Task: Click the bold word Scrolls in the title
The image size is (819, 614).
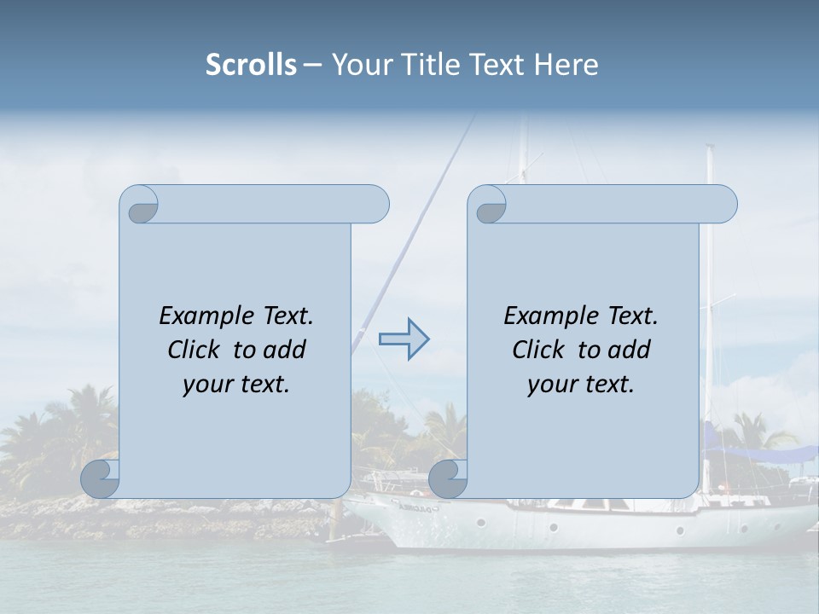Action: tap(252, 65)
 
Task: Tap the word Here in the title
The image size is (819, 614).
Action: tap(566, 65)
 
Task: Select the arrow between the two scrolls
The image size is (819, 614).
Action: tap(404, 340)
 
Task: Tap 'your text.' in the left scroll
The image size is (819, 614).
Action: tap(236, 385)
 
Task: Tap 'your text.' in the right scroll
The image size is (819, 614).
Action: tap(581, 385)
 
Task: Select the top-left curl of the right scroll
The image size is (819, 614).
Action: tap(489, 207)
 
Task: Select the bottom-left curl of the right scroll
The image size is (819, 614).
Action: tap(448, 478)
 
